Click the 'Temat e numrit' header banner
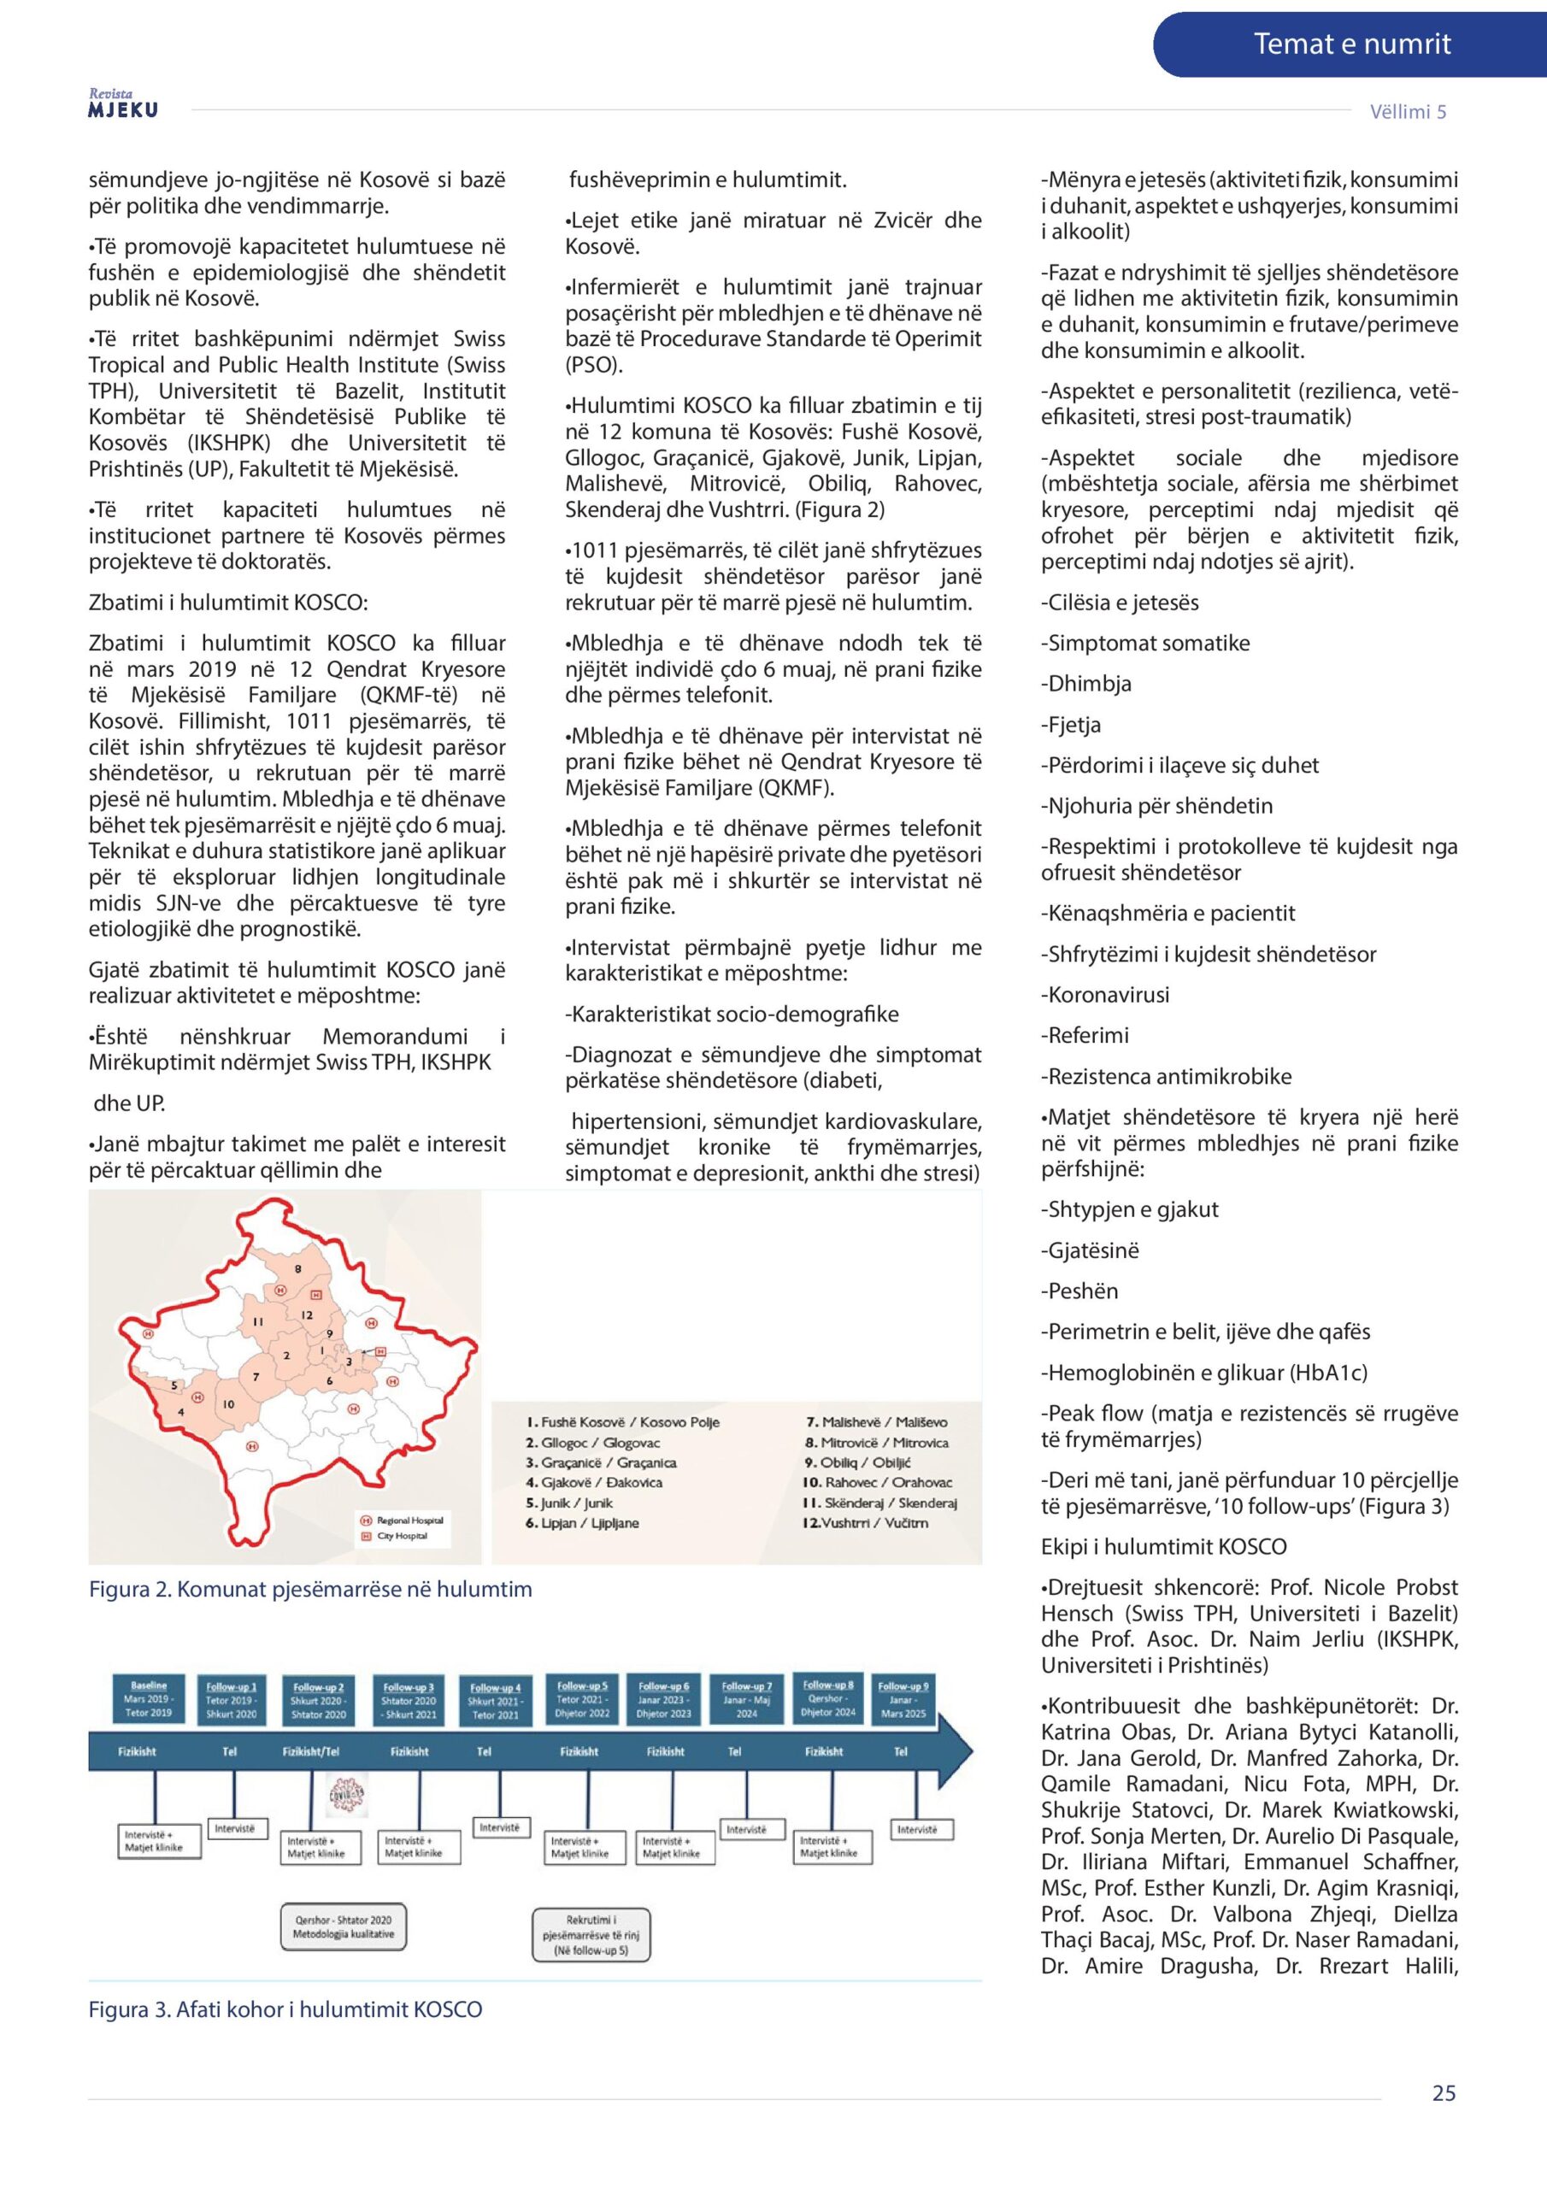[x=1350, y=44]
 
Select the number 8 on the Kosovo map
[x=297, y=1269]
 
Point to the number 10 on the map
[x=229, y=1404]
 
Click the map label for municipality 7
[x=256, y=1377]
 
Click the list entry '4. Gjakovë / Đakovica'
[x=594, y=1483]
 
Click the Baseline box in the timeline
[x=149, y=1699]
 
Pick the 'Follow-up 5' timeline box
[x=582, y=1699]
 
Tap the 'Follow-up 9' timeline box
[x=902, y=1699]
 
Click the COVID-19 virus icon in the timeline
[x=347, y=1796]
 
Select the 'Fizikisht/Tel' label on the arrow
[x=311, y=1751]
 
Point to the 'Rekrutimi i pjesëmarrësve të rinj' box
[x=591, y=1934]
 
